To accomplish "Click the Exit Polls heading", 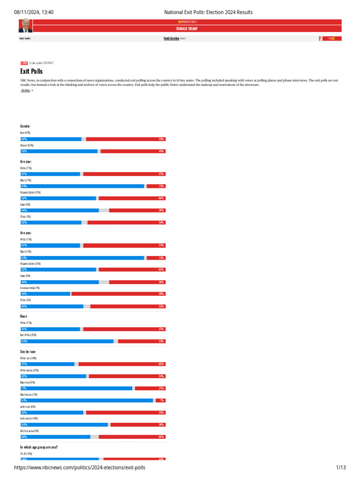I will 31,71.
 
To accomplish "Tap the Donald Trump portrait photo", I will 25,26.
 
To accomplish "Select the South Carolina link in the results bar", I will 171,38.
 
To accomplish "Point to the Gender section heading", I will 25,127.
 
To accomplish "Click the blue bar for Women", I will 59,151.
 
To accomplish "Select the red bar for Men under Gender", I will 126,139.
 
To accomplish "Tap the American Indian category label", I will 30,288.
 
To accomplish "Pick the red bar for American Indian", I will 118,294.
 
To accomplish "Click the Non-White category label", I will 29,335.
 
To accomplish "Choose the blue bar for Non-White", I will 67,341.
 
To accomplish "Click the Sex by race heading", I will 28,351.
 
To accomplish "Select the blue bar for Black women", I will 87,400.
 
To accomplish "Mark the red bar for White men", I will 122,364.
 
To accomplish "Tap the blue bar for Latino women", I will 64,425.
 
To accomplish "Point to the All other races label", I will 30,431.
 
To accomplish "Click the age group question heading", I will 39,447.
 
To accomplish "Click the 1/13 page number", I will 341,468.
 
